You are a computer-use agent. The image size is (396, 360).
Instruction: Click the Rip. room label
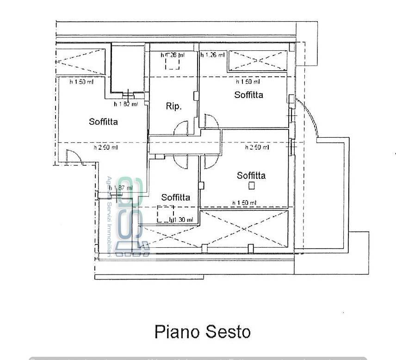(173, 106)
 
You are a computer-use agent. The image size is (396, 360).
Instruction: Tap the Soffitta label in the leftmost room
(103, 122)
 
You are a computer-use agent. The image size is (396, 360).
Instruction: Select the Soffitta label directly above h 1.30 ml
(175, 197)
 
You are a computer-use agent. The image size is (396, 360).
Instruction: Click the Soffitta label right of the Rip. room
(248, 95)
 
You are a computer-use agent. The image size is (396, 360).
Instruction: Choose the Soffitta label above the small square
(251, 176)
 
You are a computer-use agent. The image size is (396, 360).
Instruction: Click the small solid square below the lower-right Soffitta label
(251, 185)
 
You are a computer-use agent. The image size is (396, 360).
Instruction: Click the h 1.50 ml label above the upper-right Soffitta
(248, 82)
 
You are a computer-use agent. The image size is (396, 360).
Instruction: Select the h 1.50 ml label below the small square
(244, 203)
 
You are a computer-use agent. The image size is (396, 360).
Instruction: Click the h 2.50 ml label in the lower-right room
(257, 147)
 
